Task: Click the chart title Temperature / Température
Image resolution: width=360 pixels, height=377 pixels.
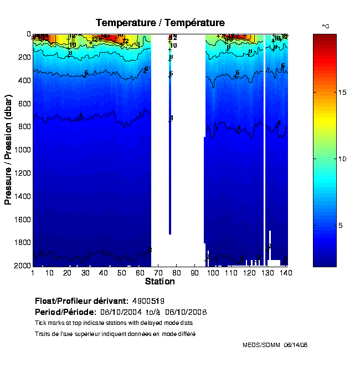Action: tap(160, 23)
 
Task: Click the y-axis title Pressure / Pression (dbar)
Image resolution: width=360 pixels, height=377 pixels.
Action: tap(8, 150)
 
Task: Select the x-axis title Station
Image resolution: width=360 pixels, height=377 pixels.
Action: tap(160, 282)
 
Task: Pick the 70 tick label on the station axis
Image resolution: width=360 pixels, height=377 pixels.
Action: tap(158, 273)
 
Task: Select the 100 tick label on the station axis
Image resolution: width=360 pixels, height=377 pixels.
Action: tap(213, 273)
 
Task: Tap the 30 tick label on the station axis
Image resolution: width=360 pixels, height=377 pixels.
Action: tap(86, 273)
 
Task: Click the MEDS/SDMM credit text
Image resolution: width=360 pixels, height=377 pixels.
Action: tap(261, 345)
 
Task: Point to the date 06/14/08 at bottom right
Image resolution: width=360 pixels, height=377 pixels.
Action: tap(295, 345)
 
